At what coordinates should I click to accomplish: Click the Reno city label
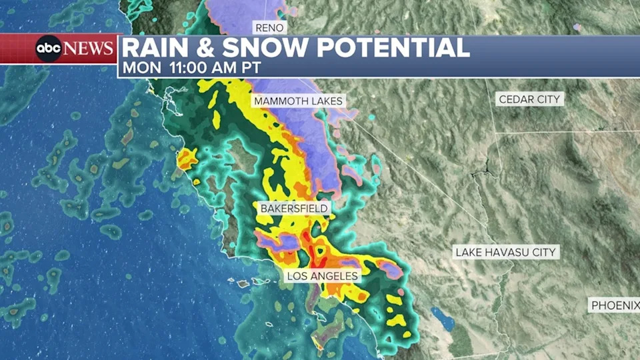pos(270,27)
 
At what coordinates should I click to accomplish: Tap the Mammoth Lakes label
pos(297,101)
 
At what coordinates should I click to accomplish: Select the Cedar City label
pos(531,99)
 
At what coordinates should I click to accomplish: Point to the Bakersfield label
pos(295,209)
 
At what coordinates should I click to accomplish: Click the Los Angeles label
pos(323,275)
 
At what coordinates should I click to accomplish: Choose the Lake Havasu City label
pos(506,252)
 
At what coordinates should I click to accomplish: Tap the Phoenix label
pos(615,305)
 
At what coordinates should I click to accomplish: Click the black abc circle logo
pos(49,49)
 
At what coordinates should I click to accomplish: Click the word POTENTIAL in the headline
pos(393,49)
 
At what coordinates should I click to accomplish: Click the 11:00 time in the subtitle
pos(190,68)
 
